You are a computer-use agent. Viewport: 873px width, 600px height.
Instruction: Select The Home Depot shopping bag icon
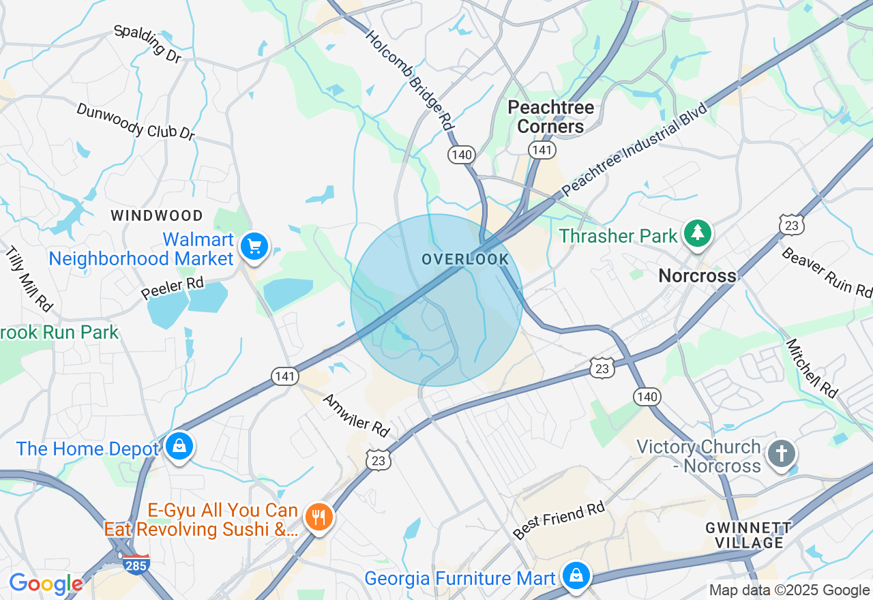pos(179,447)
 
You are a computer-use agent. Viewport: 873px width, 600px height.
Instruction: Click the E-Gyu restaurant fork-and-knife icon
pos(318,515)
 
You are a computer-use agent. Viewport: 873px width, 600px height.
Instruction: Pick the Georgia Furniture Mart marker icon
pos(576,575)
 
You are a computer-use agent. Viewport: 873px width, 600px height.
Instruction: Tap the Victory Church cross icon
pos(781,453)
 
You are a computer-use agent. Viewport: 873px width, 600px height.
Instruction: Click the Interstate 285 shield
pos(136,565)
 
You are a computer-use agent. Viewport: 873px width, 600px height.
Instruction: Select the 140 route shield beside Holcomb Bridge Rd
pos(462,155)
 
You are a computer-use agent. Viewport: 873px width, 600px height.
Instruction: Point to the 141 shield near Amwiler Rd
pos(284,376)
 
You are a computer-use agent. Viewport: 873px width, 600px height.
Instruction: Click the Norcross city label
pos(697,276)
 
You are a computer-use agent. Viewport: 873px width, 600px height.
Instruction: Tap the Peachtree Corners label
pos(551,117)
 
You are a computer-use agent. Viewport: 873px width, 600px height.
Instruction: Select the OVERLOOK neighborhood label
pos(465,260)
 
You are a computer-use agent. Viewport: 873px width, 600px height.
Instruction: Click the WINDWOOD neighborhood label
pos(157,216)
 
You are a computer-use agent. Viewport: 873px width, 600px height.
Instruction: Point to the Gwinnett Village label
pos(749,535)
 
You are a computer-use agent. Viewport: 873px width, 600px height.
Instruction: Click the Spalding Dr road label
pos(147,43)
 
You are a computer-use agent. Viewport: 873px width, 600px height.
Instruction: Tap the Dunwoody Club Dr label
pos(136,121)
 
